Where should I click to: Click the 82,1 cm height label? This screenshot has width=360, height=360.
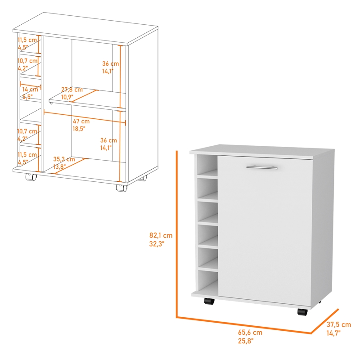[x=161, y=235]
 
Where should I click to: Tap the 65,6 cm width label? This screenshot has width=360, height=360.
[x=250, y=333]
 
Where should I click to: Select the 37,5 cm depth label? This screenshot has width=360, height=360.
[x=339, y=324]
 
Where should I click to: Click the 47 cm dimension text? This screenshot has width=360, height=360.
[x=81, y=121]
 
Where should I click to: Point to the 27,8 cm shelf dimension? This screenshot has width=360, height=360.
[x=72, y=89]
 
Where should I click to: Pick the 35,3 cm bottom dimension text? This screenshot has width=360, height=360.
[x=63, y=159]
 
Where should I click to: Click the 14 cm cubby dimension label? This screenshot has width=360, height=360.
[x=31, y=89]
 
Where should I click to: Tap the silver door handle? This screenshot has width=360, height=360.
[x=262, y=167]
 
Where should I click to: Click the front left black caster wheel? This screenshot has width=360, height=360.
[x=208, y=301]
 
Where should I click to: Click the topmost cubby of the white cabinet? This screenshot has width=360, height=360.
[x=207, y=166]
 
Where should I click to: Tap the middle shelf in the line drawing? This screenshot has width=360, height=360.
[x=85, y=99]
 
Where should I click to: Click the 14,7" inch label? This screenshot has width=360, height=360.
[x=333, y=333]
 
